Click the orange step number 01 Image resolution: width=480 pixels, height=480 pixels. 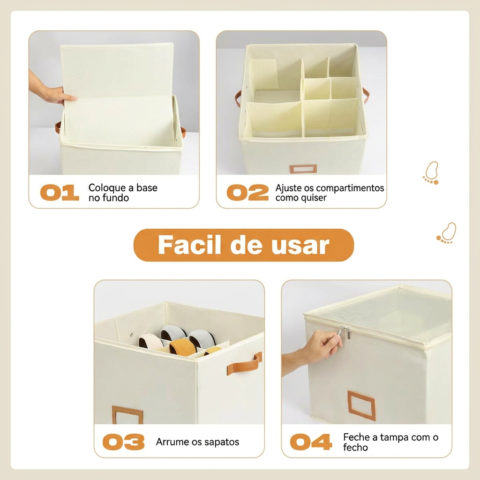60,193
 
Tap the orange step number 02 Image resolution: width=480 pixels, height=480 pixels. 247,193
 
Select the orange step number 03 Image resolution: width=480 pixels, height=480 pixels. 123,442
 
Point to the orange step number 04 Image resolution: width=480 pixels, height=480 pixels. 311,442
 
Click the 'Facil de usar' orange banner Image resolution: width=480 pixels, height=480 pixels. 244,245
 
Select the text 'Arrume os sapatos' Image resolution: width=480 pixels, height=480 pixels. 197,442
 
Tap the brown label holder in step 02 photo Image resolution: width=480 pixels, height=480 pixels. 303,169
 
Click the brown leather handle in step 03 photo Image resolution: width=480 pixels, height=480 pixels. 244,364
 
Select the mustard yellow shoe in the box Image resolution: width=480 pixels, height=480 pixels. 182,347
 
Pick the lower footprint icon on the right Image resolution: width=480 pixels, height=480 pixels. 446,233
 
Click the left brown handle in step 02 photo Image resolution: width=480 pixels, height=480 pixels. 238,98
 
